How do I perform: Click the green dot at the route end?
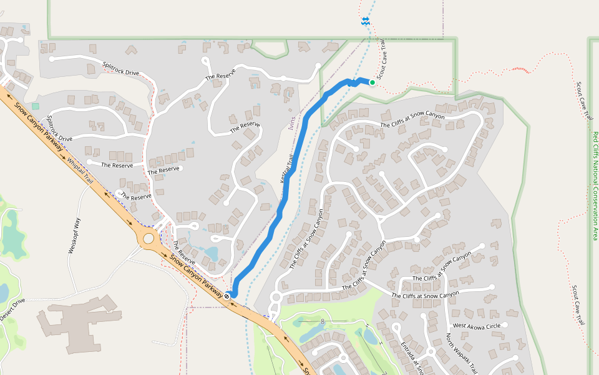[373, 82]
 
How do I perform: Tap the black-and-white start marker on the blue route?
[228, 295]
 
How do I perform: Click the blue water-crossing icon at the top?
[366, 22]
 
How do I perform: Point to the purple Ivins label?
[292, 122]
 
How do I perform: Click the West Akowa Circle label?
[476, 326]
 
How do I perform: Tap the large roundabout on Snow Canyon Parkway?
[149, 238]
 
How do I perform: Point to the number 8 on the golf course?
[323, 321]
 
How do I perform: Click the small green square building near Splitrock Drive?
[36, 107]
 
